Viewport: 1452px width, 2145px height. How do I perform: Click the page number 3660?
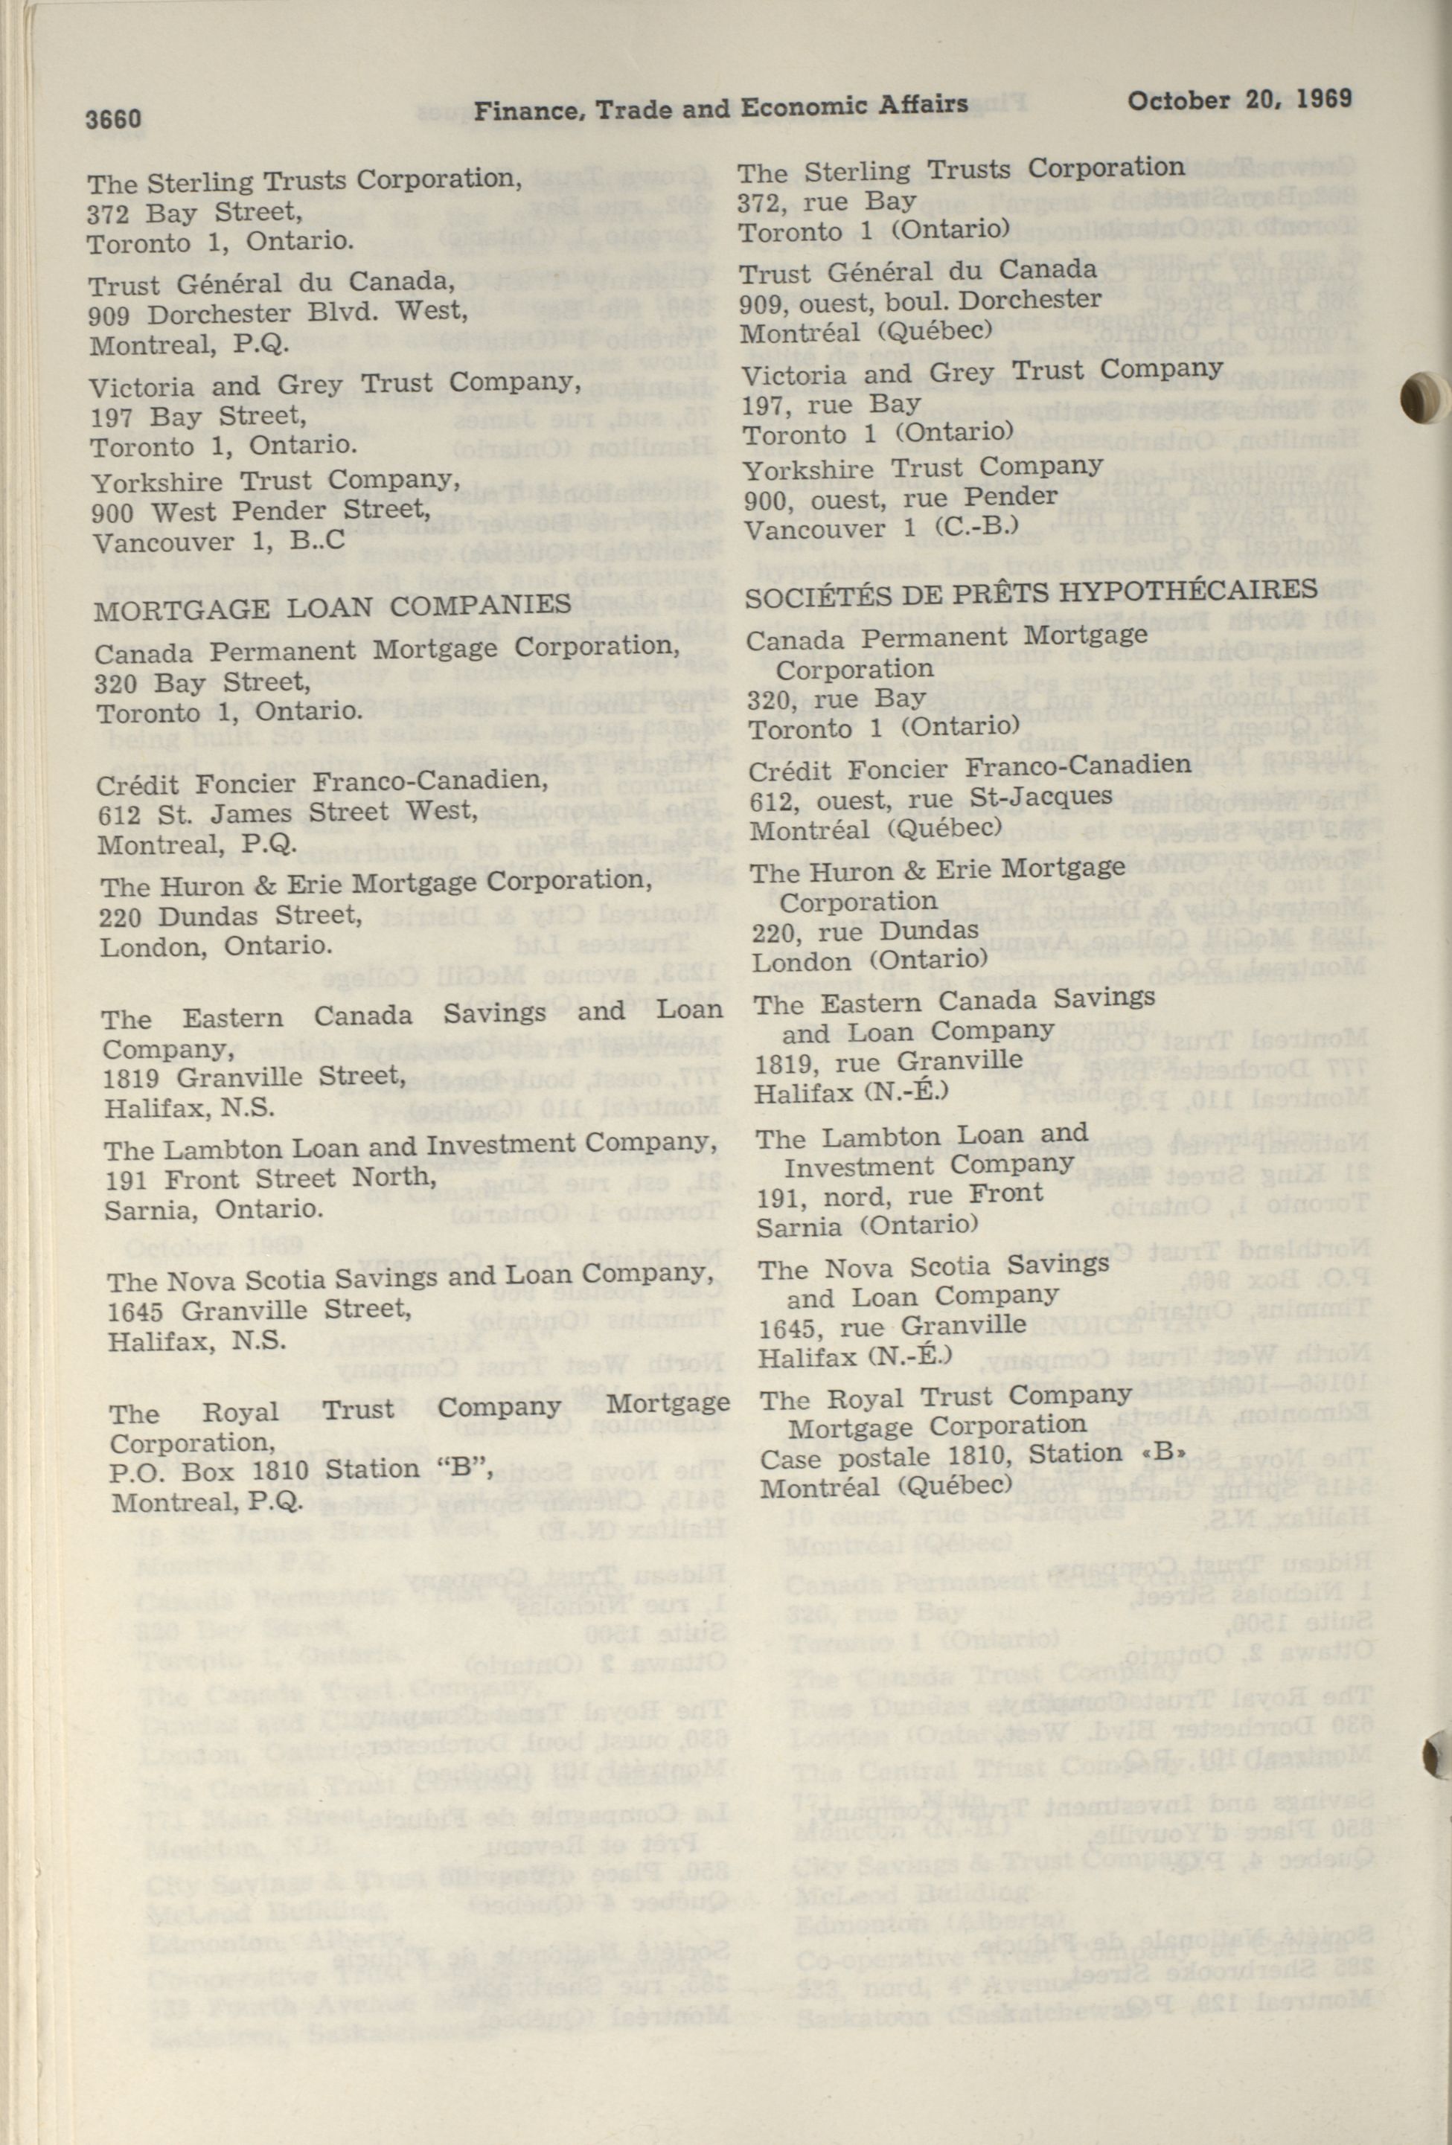coord(114,119)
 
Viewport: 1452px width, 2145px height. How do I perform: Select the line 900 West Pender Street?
coord(261,510)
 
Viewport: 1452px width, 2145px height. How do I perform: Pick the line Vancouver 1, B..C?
coord(220,541)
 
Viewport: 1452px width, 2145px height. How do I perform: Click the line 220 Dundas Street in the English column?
coord(230,916)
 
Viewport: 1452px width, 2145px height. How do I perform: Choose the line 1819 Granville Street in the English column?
coord(254,1077)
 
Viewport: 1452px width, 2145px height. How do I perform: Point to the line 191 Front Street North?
coord(269,1179)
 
